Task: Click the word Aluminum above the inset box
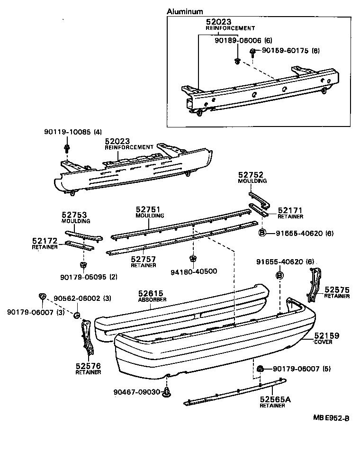(185, 11)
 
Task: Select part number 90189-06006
(237, 41)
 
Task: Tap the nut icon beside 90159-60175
(253, 51)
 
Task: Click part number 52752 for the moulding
(251, 175)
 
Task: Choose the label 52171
(290, 210)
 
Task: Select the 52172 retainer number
(45, 241)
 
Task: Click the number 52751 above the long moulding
(148, 209)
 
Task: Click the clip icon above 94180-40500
(193, 259)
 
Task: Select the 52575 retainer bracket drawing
(315, 284)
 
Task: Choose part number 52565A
(275, 399)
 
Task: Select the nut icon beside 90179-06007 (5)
(260, 369)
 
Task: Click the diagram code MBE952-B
(331, 418)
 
